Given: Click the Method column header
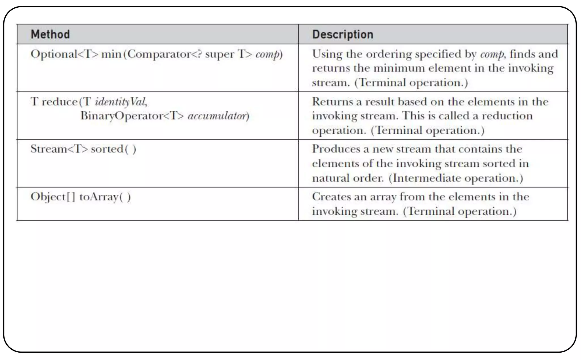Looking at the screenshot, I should point(50,34).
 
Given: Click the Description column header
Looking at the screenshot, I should point(342,34).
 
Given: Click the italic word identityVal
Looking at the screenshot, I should point(121,102).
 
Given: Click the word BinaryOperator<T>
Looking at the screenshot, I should point(132,116).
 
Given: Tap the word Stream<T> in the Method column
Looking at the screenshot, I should point(59,149).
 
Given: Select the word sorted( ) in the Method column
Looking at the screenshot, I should point(113,149).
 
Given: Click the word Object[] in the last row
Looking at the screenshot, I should point(53,197).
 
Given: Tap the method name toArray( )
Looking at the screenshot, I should point(105,197).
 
